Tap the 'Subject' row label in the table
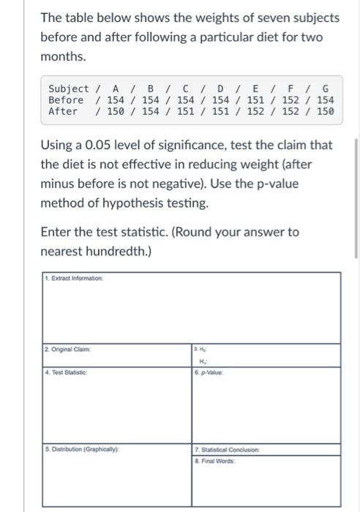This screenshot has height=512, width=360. (69, 89)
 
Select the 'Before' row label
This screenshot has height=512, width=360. (66, 99)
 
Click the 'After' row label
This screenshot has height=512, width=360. (63, 111)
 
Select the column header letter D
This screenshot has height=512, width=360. (221, 89)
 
